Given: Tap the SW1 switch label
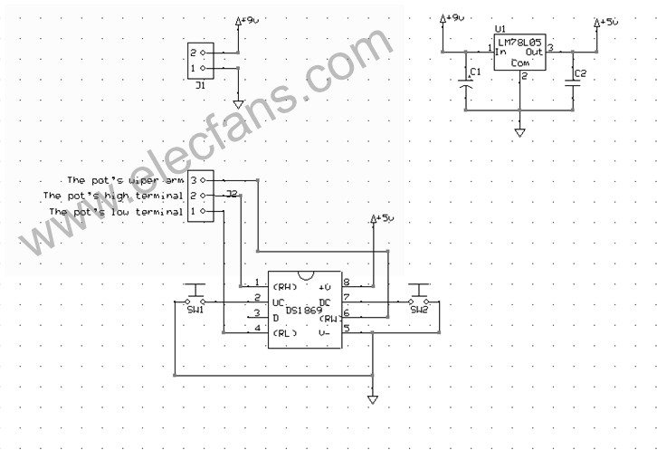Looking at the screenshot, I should [x=195, y=310].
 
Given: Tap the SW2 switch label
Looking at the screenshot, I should [x=418, y=310].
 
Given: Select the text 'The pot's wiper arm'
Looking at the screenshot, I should [x=125, y=181].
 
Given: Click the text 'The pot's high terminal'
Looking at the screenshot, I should [x=112, y=196].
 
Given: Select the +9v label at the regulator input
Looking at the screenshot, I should [x=452, y=18].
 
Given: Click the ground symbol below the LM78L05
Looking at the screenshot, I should [x=520, y=132].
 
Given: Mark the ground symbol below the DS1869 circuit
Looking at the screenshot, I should [x=373, y=399].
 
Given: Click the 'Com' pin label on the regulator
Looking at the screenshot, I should [x=520, y=63].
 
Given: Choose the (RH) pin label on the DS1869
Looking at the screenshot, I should [x=285, y=286].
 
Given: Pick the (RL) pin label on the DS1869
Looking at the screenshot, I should [x=285, y=334].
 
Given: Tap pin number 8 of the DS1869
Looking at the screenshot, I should [x=347, y=282].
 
